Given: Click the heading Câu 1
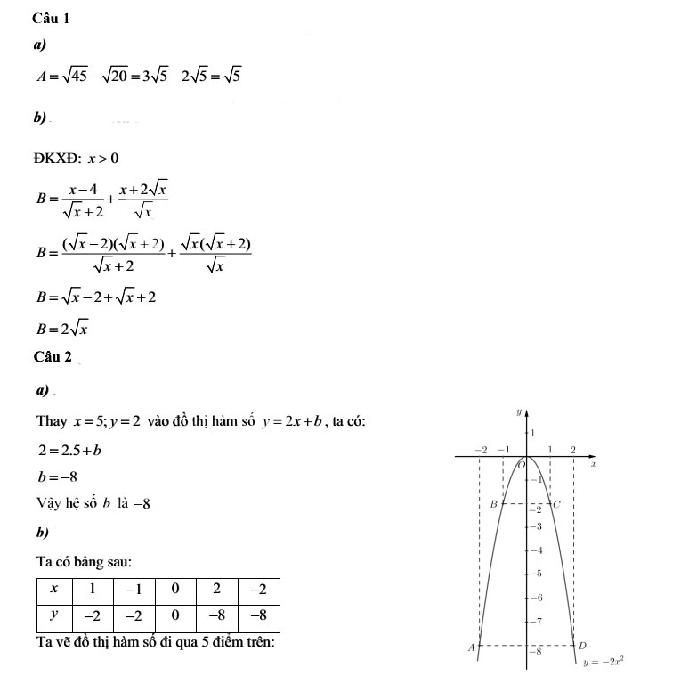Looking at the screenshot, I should coord(50,18).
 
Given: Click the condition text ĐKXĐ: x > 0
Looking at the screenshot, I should coord(77,159).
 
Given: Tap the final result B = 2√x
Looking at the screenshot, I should coord(61,328).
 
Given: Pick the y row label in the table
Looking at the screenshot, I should coord(55,615).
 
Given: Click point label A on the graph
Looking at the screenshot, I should coord(472,647).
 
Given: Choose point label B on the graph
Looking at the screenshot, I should coord(495,504).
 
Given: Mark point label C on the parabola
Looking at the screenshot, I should coord(557,505).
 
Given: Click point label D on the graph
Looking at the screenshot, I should coord(582,644).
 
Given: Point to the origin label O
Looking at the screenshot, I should coord(522,465).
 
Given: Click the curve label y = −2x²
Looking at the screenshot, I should coord(603,662).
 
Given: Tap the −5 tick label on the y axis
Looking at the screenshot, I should coord(536,574).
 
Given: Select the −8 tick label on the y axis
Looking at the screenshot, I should coord(536,651).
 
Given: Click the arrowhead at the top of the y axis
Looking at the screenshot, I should coord(528,413).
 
